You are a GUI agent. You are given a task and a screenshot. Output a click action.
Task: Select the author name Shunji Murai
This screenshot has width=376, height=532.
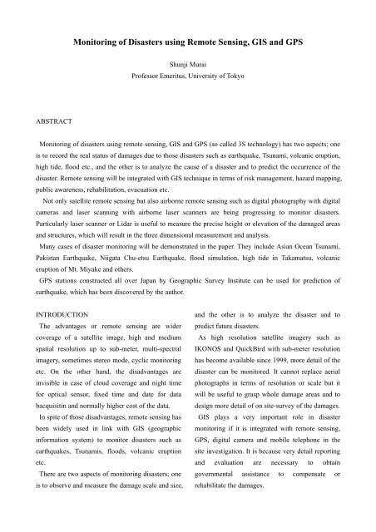(x=188, y=69)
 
